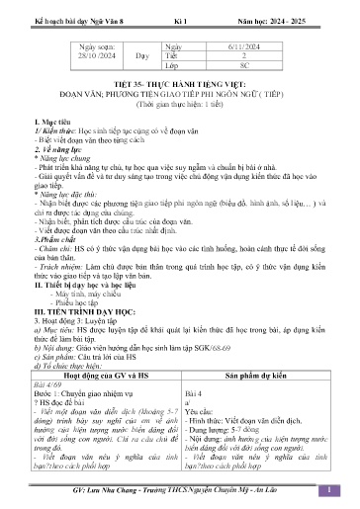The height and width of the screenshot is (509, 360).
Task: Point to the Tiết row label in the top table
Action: click(174, 60)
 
